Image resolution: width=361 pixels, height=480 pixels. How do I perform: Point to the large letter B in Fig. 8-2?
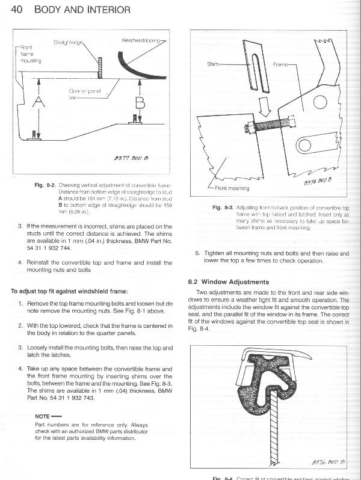point(140,104)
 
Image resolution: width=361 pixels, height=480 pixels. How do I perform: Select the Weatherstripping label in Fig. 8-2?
point(141,40)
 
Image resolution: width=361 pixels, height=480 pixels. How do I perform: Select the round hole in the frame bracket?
point(304,145)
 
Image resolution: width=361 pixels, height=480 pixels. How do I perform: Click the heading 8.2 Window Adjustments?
point(228,282)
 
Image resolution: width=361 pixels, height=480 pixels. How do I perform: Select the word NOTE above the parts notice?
point(42,416)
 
